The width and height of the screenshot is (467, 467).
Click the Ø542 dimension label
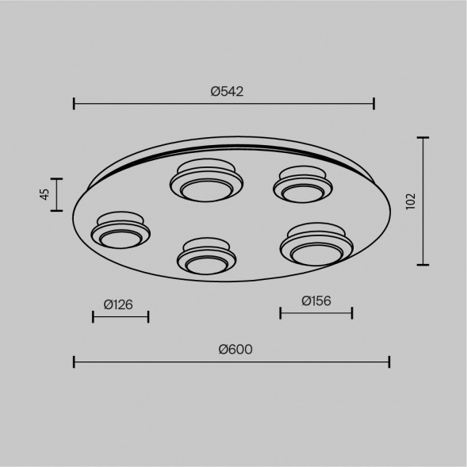(x=227, y=91)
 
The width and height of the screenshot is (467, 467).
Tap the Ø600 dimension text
(x=235, y=350)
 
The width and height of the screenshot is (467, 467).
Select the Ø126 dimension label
(x=118, y=304)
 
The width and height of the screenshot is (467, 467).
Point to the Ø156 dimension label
(x=316, y=300)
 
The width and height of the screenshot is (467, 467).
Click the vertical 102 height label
(x=411, y=201)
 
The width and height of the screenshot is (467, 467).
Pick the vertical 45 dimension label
(x=44, y=194)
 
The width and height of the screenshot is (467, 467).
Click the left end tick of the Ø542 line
(x=74, y=104)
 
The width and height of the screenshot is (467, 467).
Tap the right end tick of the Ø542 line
(x=374, y=104)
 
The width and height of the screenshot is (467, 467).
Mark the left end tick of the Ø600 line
(x=74, y=362)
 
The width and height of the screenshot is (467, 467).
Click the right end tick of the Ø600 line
(x=389, y=362)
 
